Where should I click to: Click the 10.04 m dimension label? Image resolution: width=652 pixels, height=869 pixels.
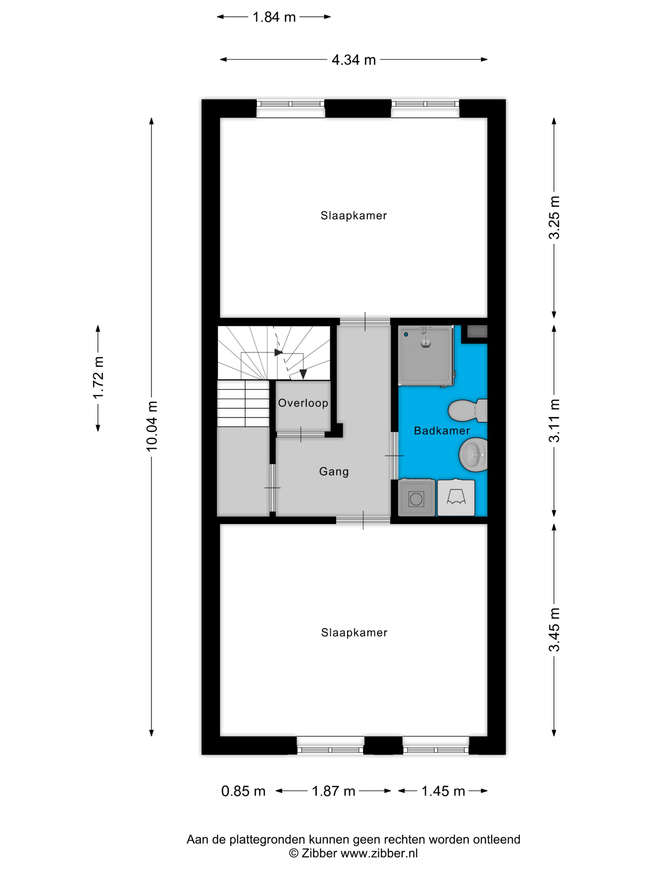(x=152, y=426)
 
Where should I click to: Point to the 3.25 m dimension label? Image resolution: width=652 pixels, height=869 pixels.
(x=554, y=217)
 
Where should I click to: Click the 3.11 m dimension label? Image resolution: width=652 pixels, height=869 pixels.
(x=554, y=420)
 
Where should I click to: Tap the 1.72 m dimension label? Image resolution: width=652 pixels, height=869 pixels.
(x=98, y=377)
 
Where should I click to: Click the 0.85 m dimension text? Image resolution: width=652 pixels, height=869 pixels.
(x=243, y=791)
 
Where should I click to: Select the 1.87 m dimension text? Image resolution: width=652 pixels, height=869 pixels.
(x=333, y=791)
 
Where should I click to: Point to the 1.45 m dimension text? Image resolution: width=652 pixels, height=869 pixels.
(x=443, y=791)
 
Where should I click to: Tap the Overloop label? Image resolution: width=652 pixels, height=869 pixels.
(x=303, y=403)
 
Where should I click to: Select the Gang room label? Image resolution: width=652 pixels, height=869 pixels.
(x=334, y=471)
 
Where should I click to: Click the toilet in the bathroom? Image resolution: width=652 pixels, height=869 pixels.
(x=467, y=411)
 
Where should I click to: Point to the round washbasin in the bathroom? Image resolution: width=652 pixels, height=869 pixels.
(x=473, y=455)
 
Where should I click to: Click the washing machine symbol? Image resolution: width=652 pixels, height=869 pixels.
(x=416, y=498)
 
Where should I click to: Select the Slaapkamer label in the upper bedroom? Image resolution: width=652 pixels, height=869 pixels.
(x=354, y=216)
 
